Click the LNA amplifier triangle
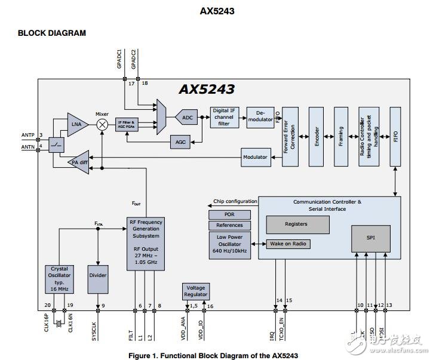[76, 124]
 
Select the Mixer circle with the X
[102, 124]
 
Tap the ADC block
[188, 118]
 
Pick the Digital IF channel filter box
[225, 117]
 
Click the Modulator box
[254, 157]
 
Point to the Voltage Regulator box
[196, 291]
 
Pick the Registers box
[297, 224]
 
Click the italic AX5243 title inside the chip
[206, 90]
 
